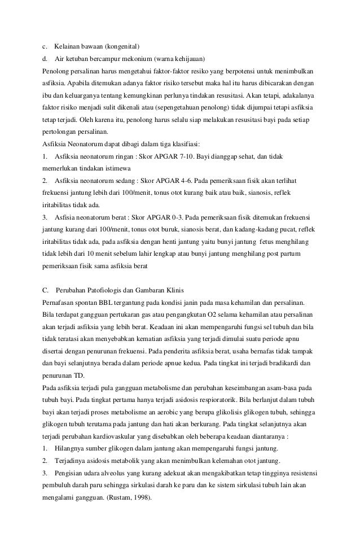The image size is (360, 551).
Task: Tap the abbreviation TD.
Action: (x=80, y=376)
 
